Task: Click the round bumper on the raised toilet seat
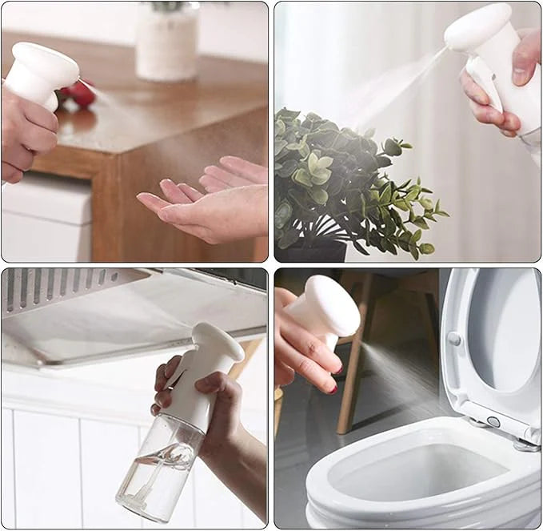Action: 455,338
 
